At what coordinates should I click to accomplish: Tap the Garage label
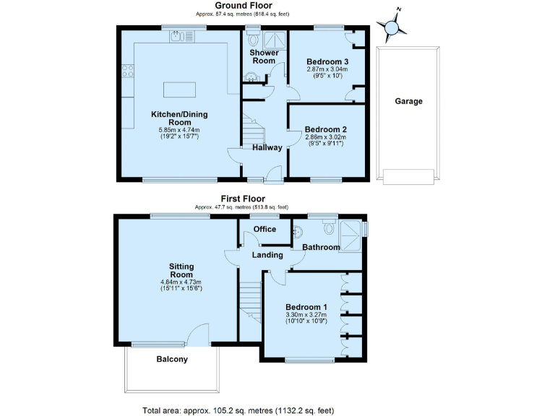pos(408,102)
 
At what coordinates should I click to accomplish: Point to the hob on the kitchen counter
pos(129,71)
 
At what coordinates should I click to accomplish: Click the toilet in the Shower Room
pos(252,40)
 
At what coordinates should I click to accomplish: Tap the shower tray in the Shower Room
pos(275,40)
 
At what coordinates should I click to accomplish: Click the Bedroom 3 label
pos(327,61)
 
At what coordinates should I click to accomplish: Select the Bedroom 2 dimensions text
pos(322,140)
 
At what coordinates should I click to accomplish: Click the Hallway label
pos(267,148)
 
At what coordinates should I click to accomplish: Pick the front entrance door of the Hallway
pos(272,173)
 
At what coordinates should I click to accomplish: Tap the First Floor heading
pos(243,199)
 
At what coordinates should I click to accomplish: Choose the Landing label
pos(267,255)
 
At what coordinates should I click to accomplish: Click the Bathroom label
pos(321,247)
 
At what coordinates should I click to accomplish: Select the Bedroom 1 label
pos(307,305)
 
